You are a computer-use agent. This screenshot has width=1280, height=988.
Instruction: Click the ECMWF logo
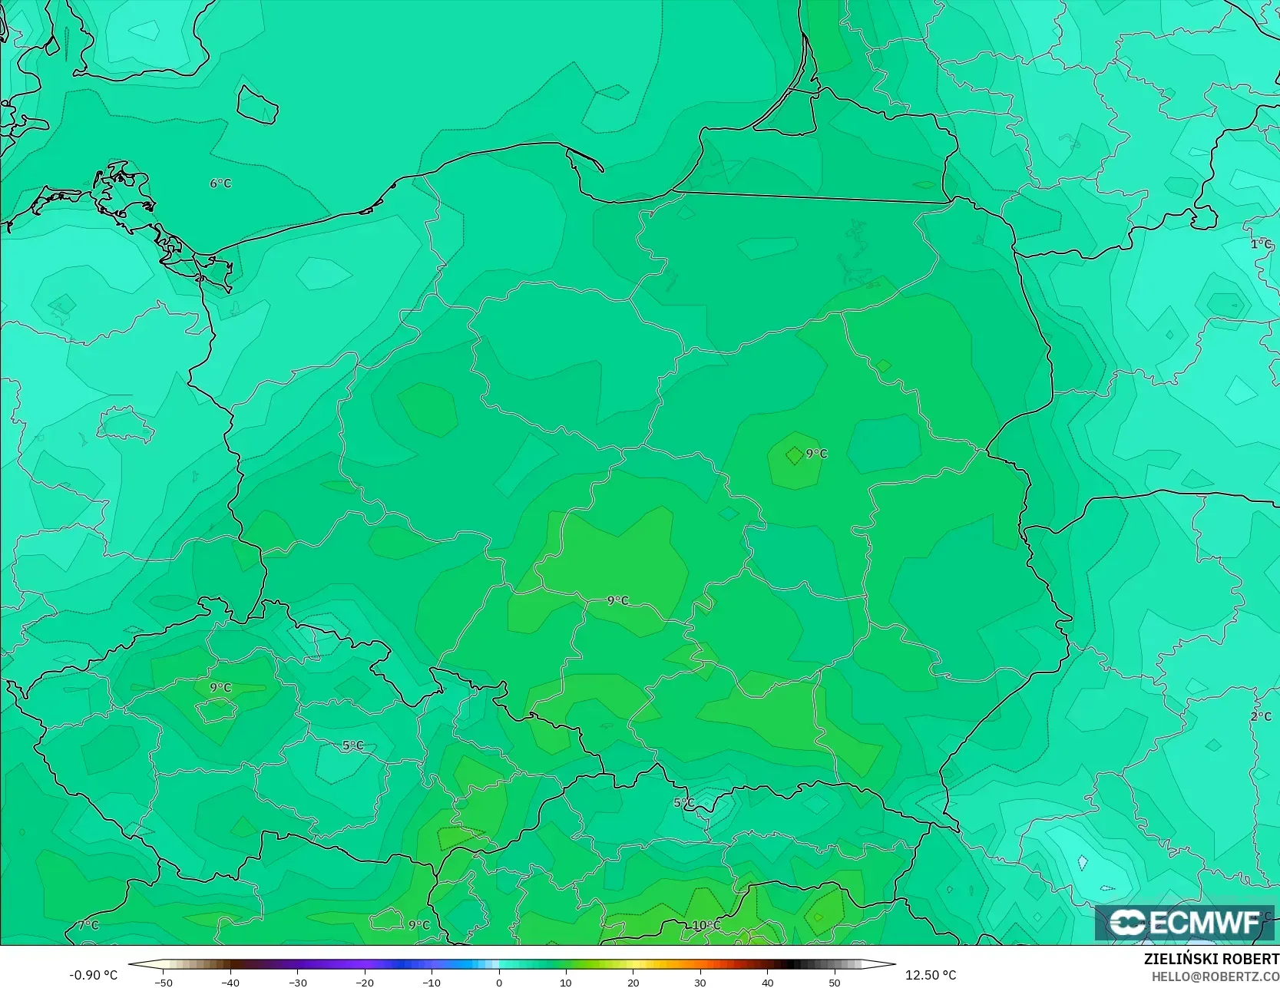pyautogui.click(x=1185, y=922)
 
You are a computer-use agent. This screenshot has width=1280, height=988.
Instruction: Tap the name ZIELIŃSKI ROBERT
pyautogui.click(x=1211, y=959)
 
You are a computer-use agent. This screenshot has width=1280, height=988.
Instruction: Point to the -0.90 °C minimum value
pyautogui.click(x=94, y=975)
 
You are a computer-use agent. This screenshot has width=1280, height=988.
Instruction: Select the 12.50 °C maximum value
pyautogui.click(x=931, y=975)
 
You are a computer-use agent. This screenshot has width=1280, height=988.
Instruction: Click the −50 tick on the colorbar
pyautogui.click(x=163, y=982)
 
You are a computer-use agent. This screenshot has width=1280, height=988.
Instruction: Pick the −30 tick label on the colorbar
pyautogui.click(x=297, y=982)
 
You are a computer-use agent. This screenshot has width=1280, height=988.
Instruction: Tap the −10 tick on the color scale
pyautogui.click(x=432, y=982)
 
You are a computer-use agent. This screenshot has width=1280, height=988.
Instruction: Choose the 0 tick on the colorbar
pyautogui.click(x=499, y=982)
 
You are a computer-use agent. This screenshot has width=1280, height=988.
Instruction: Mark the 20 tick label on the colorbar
pyautogui.click(x=633, y=982)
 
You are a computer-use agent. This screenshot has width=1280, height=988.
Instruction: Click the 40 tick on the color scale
pyautogui.click(x=767, y=982)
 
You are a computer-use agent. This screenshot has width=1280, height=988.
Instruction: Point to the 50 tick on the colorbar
pyautogui.click(x=835, y=982)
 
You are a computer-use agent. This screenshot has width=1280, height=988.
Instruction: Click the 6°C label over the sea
pyautogui.click(x=220, y=183)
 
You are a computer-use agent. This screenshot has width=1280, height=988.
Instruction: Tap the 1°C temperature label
pyautogui.click(x=1261, y=244)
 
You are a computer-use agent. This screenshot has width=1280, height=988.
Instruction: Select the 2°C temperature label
pyautogui.click(x=1261, y=716)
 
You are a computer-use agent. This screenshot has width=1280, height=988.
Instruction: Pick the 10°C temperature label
pyautogui.click(x=706, y=925)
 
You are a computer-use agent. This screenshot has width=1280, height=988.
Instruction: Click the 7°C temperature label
pyautogui.click(x=88, y=925)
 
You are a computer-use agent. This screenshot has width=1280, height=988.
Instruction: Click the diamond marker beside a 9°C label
pyautogui.click(x=794, y=455)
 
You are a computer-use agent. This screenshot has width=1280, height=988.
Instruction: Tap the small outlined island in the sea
pyautogui.click(x=256, y=104)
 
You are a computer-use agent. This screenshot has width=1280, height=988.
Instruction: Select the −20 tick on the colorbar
pyautogui.click(x=365, y=982)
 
